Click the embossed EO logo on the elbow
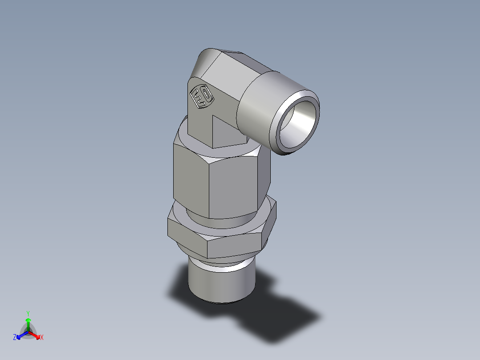201,97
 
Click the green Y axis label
28,313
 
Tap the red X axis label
42,338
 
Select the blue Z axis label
15,338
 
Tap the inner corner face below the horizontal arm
227,131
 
